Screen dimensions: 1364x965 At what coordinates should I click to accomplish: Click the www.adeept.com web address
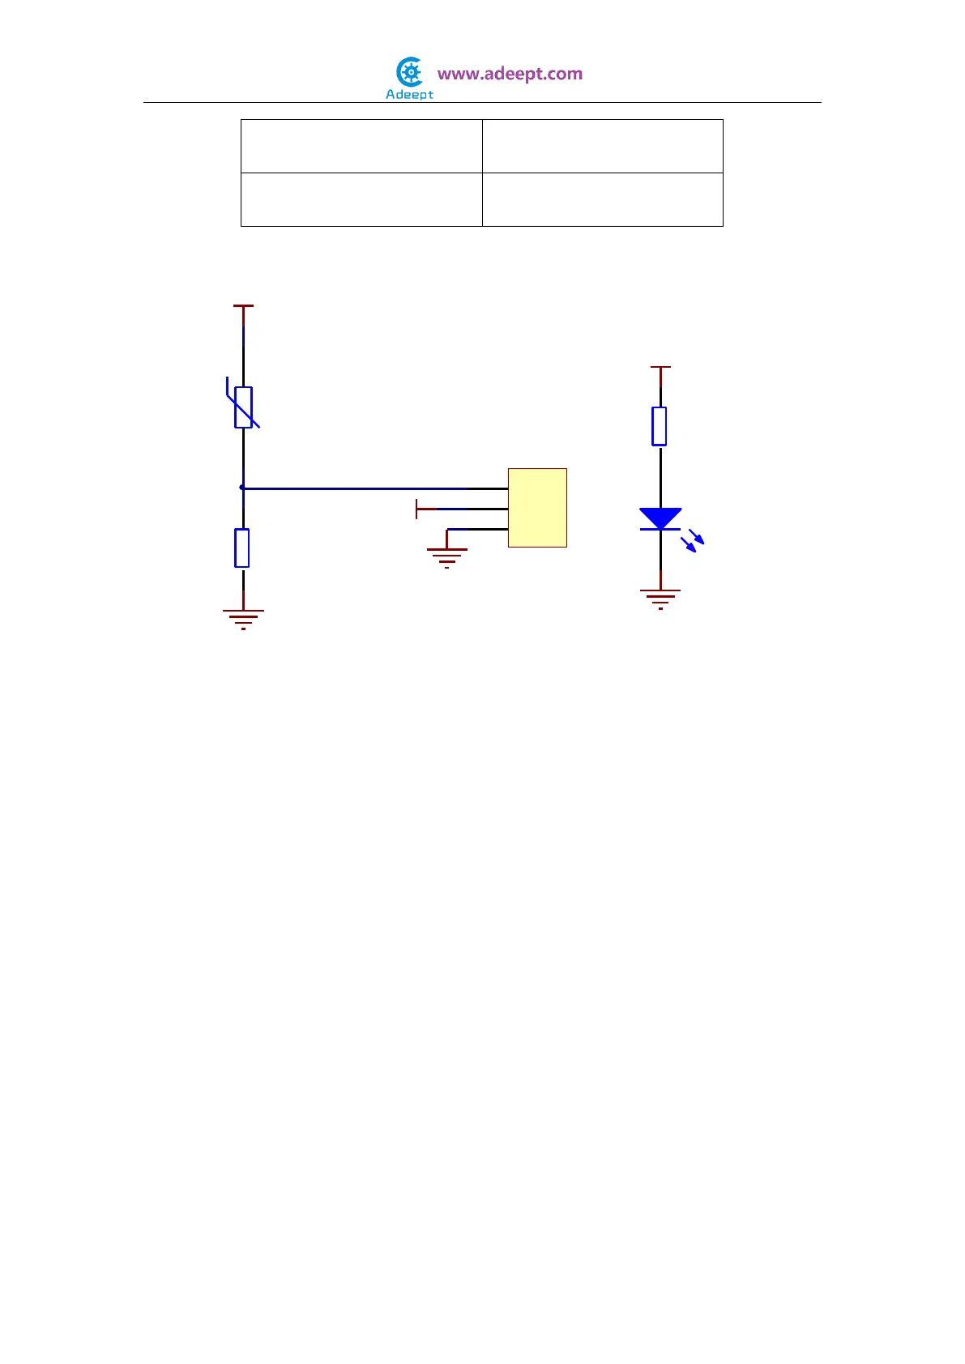510,74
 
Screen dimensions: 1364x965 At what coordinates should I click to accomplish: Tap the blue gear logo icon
411,73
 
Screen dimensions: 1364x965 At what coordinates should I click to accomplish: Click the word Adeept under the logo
409,95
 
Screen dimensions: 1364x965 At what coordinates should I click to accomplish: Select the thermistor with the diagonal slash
243,407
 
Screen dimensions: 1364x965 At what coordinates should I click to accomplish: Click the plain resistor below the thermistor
242,548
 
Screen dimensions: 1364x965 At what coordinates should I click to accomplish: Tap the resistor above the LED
660,426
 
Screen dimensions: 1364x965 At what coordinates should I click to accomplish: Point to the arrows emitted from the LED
693,540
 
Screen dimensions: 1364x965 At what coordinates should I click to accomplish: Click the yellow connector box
537,508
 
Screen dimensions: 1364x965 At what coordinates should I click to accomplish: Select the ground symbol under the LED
660,599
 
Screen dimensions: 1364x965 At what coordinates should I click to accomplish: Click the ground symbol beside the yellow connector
446,556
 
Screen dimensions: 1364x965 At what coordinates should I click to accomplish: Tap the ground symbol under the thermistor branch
243,619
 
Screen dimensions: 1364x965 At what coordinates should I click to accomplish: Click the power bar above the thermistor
243,306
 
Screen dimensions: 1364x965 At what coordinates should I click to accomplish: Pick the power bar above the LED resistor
660,367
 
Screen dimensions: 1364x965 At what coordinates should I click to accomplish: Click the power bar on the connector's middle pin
416,509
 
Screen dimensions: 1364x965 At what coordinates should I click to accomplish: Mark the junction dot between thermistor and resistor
242,488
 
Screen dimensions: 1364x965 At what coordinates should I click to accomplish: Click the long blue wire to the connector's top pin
357,488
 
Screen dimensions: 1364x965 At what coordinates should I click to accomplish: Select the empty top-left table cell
361,146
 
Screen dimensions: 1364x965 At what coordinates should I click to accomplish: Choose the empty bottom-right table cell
602,199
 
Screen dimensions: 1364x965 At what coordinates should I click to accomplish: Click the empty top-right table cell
602,146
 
